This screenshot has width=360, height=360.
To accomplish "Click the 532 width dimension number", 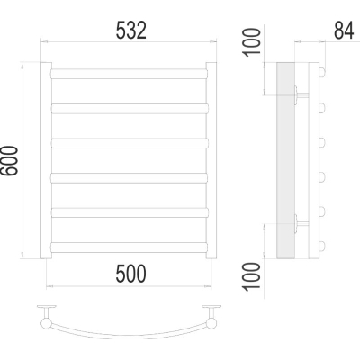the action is (131, 31).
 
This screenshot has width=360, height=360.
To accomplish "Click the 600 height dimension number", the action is (10, 161).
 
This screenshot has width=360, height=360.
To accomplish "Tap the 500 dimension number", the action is (131, 274).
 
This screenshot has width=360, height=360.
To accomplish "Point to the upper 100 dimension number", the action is (252, 41).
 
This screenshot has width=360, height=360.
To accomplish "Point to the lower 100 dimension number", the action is (252, 276).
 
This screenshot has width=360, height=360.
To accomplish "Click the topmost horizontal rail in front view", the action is (130, 74).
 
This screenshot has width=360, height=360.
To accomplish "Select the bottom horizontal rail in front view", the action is (130, 247).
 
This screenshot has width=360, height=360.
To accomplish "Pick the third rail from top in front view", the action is (130, 143).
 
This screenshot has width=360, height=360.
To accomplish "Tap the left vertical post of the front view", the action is (46, 160).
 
